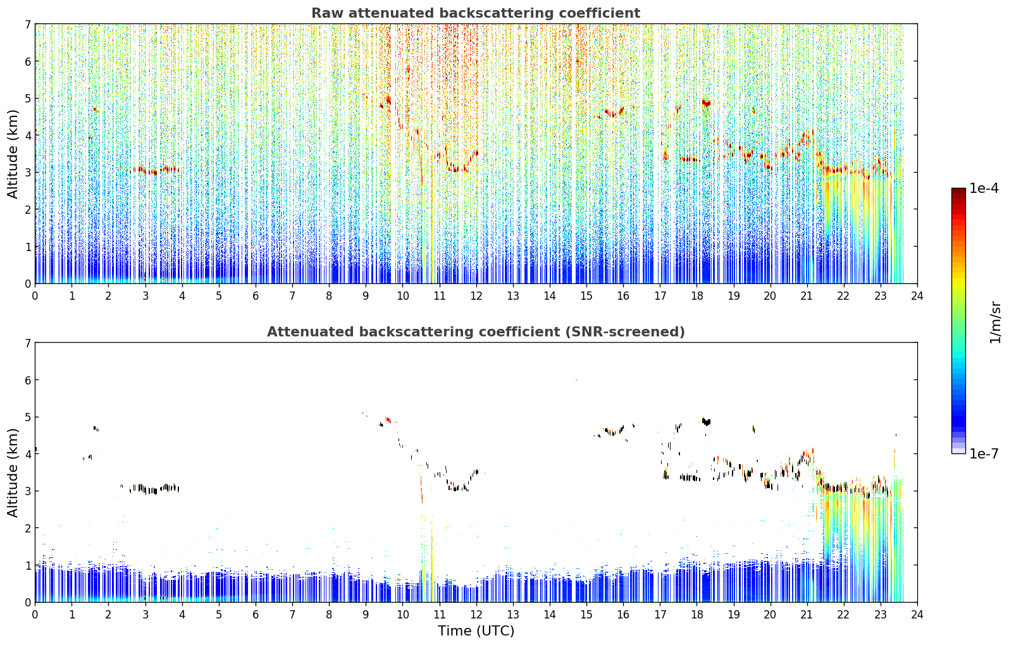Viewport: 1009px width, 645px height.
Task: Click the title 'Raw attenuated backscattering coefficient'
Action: coord(476,13)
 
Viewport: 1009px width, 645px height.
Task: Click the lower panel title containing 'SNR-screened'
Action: coord(476,331)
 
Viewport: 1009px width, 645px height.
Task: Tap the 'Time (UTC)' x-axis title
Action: coord(476,631)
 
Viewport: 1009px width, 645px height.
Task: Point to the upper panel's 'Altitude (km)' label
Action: coord(13,154)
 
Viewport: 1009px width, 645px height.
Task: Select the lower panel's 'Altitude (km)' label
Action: coord(13,472)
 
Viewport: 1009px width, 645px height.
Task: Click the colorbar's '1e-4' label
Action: coord(984,188)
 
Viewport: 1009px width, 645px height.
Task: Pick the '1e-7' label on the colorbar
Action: coord(984,453)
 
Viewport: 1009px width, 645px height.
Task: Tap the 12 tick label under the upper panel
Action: coord(476,296)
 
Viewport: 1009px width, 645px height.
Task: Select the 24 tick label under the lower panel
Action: coord(917,615)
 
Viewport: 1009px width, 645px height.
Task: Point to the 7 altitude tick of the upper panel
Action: coord(28,24)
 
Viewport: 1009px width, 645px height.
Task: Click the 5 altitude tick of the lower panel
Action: coord(28,417)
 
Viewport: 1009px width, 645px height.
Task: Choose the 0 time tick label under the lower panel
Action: coord(35,615)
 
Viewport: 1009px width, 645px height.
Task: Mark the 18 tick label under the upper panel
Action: coord(697,296)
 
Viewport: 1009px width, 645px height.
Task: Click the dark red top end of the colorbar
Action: coord(958,190)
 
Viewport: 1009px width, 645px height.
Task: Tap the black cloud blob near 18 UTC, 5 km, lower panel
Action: coord(706,422)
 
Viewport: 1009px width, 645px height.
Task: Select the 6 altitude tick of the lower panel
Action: coord(28,380)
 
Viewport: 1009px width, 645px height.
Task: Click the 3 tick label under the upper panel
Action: coord(145,296)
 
